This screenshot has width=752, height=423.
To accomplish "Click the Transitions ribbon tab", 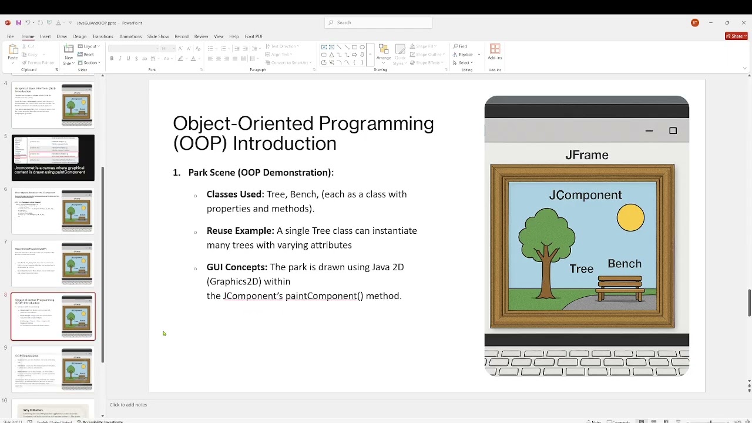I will click(x=102, y=36).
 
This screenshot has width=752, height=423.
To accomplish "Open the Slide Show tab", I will click(x=157, y=36).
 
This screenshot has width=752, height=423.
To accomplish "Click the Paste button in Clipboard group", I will click(x=12, y=53).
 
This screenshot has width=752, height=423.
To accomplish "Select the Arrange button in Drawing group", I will click(x=384, y=53).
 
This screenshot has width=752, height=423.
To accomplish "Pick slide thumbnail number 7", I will click(x=53, y=263).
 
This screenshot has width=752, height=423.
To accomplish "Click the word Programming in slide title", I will click(x=377, y=123).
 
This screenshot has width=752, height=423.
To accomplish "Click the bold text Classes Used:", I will click(x=235, y=194).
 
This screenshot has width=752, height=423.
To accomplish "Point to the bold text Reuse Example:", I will click(x=240, y=231).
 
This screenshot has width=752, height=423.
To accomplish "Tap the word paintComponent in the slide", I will click(x=321, y=296).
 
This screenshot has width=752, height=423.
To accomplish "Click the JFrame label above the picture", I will click(x=586, y=155).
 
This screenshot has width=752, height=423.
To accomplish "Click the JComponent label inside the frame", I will click(x=585, y=195).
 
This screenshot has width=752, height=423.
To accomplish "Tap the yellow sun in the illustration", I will click(x=630, y=218).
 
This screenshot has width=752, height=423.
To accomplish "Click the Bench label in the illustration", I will click(x=624, y=264).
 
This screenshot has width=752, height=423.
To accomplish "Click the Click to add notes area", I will click(x=128, y=405).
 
